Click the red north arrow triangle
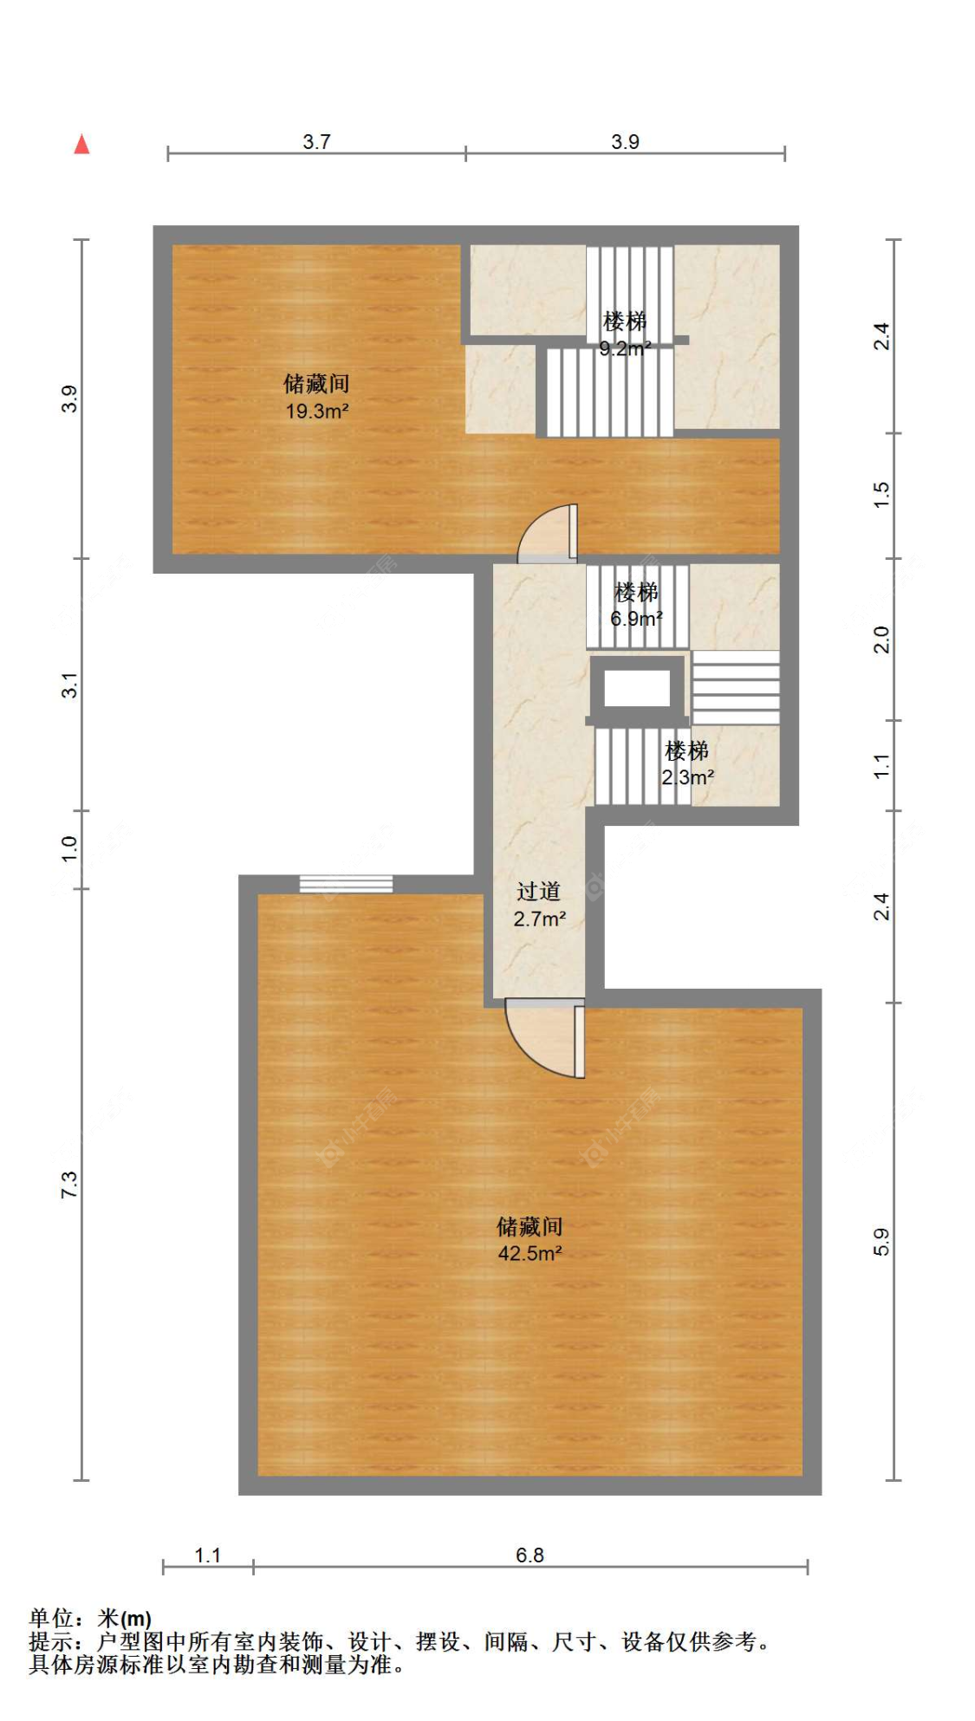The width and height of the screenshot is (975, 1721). (81, 144)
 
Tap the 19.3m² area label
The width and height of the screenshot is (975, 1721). (317, 411)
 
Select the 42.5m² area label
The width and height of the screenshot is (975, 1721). (530, 1253)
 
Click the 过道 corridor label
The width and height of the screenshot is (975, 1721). (538, 892)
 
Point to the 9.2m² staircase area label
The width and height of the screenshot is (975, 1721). (626, 348)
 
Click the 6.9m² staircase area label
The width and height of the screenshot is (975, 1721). (637, 619)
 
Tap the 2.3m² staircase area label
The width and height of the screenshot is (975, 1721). (688, 777)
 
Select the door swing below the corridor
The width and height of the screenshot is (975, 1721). (545, 1038)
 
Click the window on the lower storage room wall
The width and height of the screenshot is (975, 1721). (346, 884)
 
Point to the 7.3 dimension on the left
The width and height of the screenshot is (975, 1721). (69, 1185)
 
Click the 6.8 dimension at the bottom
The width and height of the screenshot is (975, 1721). (530, 1555)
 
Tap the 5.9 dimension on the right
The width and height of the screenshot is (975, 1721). (881, 1242)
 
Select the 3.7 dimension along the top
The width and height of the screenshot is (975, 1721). (316, 141)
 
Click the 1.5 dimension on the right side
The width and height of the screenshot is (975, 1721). (881, 495)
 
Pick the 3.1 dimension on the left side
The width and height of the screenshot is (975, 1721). (69, 685)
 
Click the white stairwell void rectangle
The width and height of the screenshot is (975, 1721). (637, 688)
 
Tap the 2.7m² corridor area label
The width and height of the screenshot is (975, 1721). (540, 919)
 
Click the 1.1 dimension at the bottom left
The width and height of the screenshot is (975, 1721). (208, 1555)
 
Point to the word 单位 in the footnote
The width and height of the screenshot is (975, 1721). (51, 1618)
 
